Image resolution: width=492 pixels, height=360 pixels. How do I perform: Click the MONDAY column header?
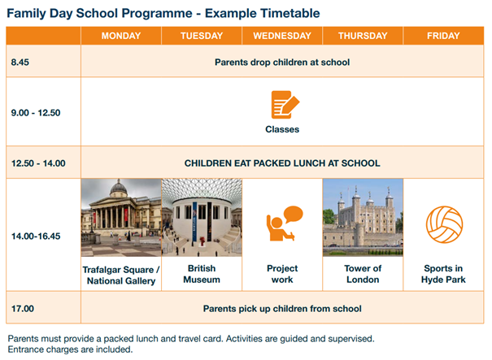tap(121, 36)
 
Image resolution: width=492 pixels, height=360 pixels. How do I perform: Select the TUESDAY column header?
tap(202, 36)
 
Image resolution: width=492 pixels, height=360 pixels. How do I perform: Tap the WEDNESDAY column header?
tap(282, 36)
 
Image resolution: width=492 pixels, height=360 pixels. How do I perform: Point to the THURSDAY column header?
tap(363, 36)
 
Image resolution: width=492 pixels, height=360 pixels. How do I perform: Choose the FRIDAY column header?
tap(443, 36)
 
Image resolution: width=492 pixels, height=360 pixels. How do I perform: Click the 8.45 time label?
tap(20, 62)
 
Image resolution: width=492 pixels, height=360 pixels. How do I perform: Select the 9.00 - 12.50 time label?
tap(36, 113)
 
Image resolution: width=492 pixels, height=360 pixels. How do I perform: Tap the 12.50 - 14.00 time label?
tap(38, 163)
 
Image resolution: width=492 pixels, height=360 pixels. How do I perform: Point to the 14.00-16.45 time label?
tap(36, 236)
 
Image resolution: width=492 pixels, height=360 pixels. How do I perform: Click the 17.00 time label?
tap(23, 309)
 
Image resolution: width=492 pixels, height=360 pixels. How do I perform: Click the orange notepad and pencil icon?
tap(285, 105)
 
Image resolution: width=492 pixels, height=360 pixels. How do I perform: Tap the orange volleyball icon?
tap(444, 224)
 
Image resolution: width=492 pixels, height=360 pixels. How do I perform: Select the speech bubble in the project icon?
tap(294, 215)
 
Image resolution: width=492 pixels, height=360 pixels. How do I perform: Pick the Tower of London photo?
tap(363, 218)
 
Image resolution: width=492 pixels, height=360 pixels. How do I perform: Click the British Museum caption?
tap(202, 274)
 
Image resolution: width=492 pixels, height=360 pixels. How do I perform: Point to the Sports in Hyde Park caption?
tap(443, 274)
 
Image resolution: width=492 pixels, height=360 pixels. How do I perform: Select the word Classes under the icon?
tap(282, 129)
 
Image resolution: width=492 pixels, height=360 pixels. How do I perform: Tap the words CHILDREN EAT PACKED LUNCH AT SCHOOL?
tap(282, 163)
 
